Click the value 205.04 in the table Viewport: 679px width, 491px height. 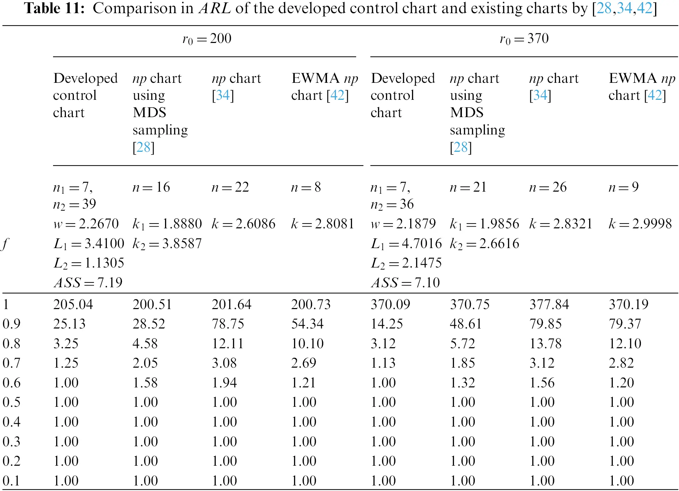pos(73,304)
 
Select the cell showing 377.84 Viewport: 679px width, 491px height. pos(549,304)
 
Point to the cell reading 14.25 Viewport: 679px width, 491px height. pos(387,324)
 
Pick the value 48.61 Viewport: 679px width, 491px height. pos(466,324)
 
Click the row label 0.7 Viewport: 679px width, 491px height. pos(11,363)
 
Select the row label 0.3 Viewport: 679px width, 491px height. pos(11,441)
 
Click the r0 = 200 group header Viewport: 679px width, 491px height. pos(207,38)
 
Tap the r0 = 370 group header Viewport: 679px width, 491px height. pos(524,38)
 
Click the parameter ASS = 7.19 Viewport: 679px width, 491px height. pos(88,282)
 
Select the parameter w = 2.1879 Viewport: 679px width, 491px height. pos(403,223)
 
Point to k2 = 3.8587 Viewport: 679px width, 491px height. pos(167,244)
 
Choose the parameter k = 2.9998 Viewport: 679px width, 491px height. pos(640,223)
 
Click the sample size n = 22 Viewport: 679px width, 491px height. pos(230,187)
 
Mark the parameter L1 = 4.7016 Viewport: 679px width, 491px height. pos(406,244)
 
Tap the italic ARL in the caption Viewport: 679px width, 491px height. pos(215,8)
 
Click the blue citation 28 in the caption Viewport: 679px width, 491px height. pos(604,8)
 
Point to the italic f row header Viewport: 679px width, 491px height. pos(5,244)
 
